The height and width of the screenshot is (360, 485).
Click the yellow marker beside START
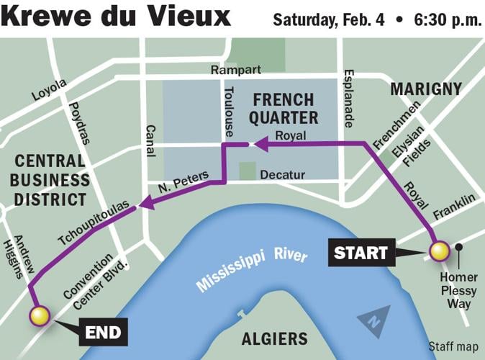(x=439, y=251)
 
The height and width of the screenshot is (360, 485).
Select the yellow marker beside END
(x=39, y=315)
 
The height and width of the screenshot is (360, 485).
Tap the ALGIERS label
(x=274, y=338)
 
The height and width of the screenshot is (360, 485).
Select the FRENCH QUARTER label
(x=282, y=109)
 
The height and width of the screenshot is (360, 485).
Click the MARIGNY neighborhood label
(x=425, y=89)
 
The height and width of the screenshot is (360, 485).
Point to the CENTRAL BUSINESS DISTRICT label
(x=52, y=179)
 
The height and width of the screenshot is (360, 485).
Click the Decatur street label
(x=282, y=174)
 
